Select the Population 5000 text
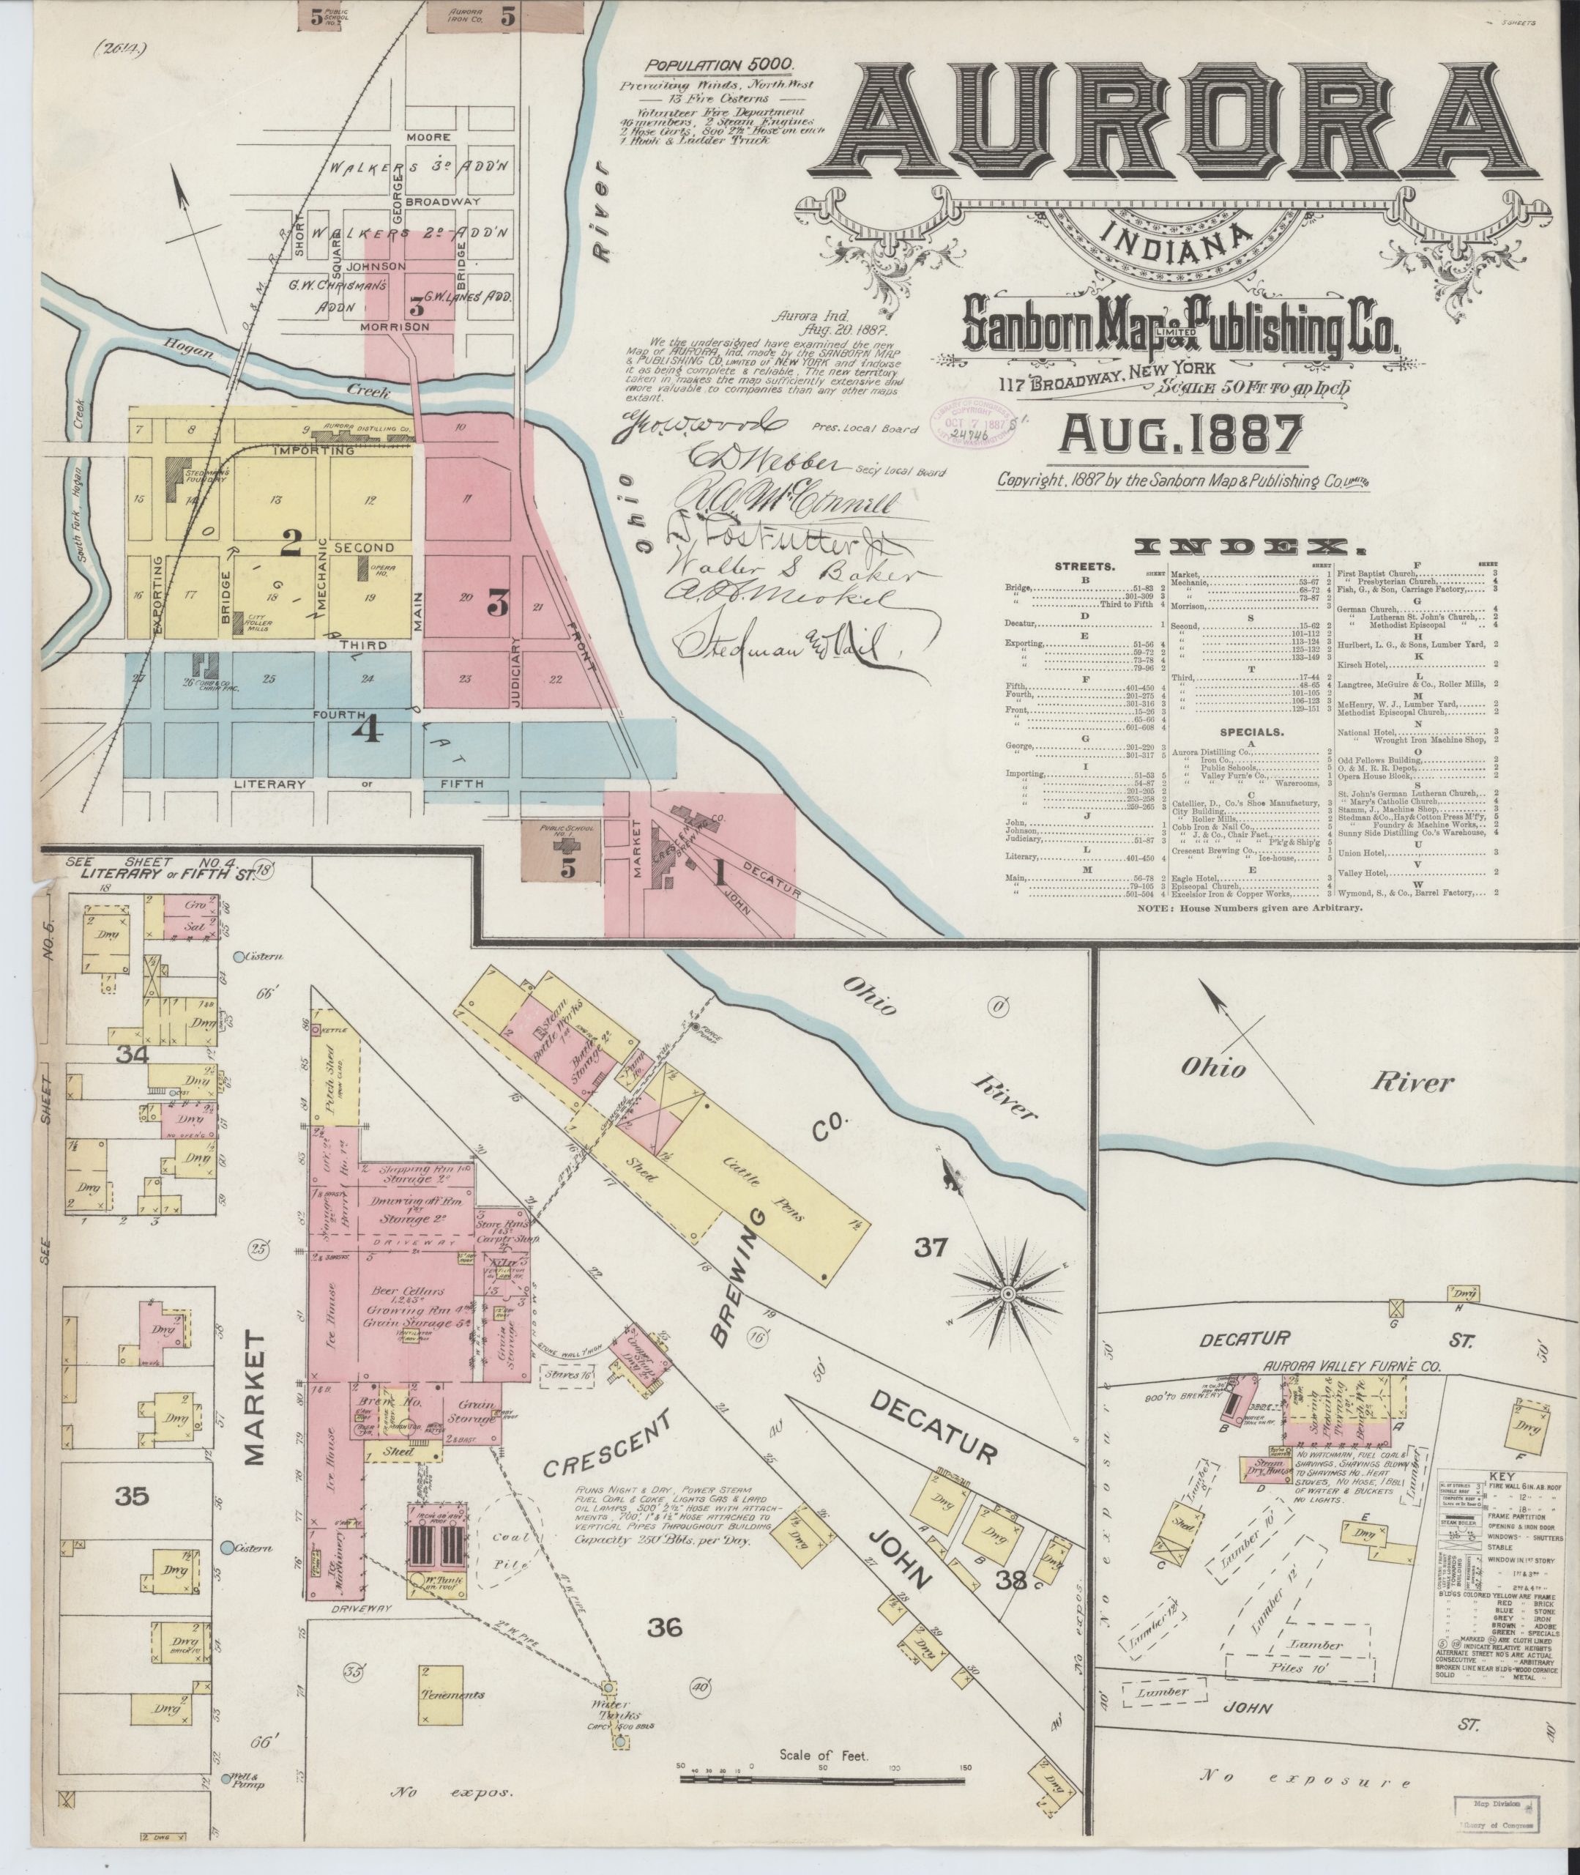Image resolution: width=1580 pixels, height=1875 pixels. tap(720, 64)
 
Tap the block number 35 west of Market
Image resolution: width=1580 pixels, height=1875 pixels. tap(132, 1496)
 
